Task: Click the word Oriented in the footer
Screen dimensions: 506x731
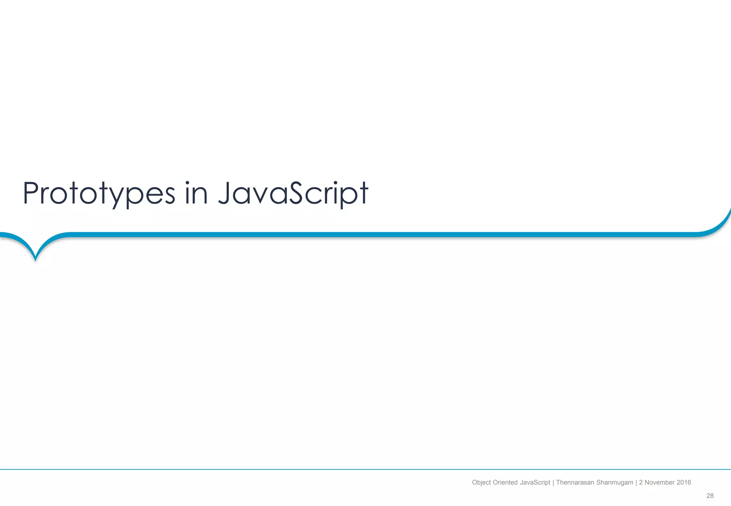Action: pyautogui.click(x=505, y=482)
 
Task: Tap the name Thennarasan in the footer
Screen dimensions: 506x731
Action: pyautogui.click(x=574, y=482)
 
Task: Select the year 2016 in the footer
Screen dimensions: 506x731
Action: pyautogui.click(x=684, y=482)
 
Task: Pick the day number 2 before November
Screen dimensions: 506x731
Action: pyautogui.click(x=641, y=482)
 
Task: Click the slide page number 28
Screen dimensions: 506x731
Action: pyautogui.click(x=710, y=496)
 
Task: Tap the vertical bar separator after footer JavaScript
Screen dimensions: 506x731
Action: pyautogui.click(x=553, y=482)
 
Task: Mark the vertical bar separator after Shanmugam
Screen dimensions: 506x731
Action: pyautogui.click(x=636, y=482)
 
